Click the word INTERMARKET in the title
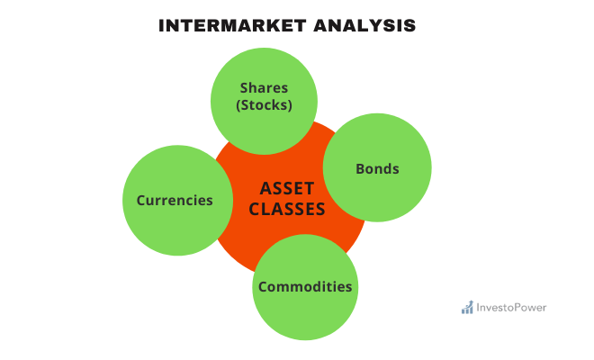pyautogui.click(x=233, y=25)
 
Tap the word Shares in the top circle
pyautogui.click(x=265, y=87)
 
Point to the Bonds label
pyautogui.click(x=377, y=168)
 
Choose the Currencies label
pyautogui.click(x=175, y=200)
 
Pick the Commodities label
pyautogui.click(x=305, y=287)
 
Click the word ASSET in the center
pyautogui.click(x=287, y=188)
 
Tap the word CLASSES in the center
pyautogui.click(x=287, y=210)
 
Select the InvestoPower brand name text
pyautogui.click(x=511, y=308)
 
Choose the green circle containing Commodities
pyautogui.click(x=305, y=315)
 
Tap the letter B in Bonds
pyautogui.click(x=360, y=168)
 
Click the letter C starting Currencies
pyautogui.click(x=141, y=200)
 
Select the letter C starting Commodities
pyautogui.click(x=263, y=287)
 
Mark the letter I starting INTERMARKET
pyautogui.click(x=162, y=25)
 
